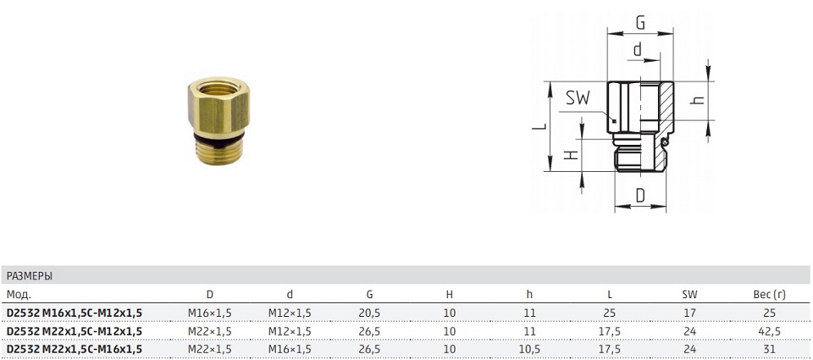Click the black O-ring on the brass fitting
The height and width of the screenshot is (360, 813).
click(218, 136)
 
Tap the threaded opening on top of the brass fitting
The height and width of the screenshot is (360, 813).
click(218, 88)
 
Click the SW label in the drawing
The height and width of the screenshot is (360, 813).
click(578, 97)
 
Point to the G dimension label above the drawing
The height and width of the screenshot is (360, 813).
click(640, 23)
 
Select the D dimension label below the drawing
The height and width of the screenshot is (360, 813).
click(640, 196)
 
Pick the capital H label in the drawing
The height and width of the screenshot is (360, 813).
click(570, 155)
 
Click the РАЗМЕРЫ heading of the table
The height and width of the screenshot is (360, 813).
click(30, 276)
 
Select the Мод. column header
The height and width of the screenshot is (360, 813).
click(19, 295)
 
